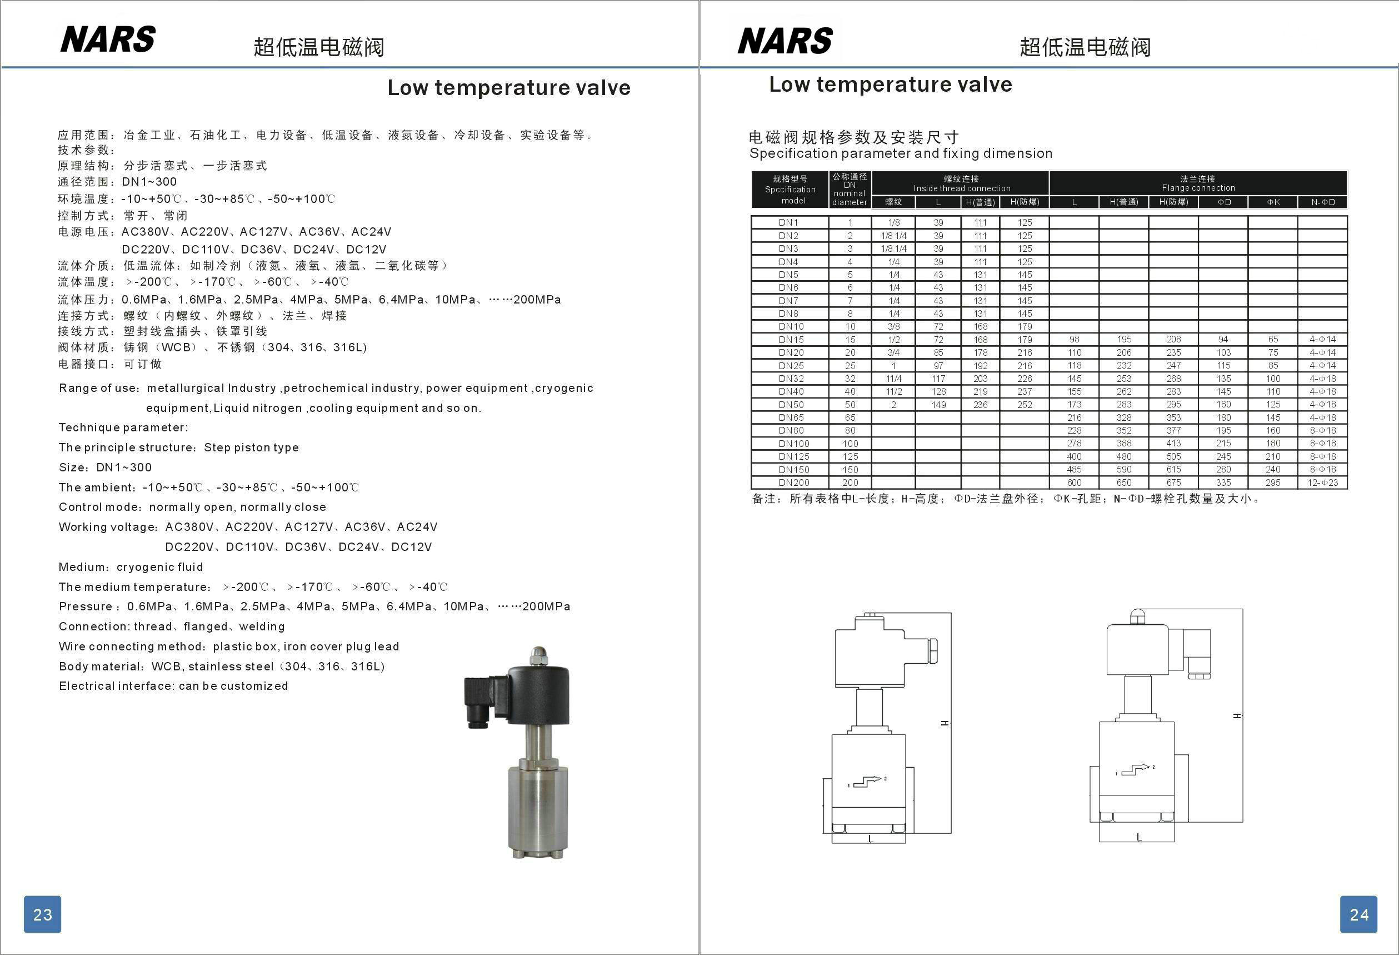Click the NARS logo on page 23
coord(108,39)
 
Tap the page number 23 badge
coord(42,914)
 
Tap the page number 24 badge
coord(1358,914)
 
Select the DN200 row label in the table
coord(793,483)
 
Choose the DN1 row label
coord(788,222)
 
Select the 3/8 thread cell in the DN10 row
coord(894,326)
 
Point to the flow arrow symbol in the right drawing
coord(1135,769)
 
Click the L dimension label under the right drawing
coord(1138,837)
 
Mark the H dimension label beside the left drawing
coord(945,723)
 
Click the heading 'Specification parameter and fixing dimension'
coord(901,153)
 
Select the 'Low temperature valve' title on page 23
coord(509,88)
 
